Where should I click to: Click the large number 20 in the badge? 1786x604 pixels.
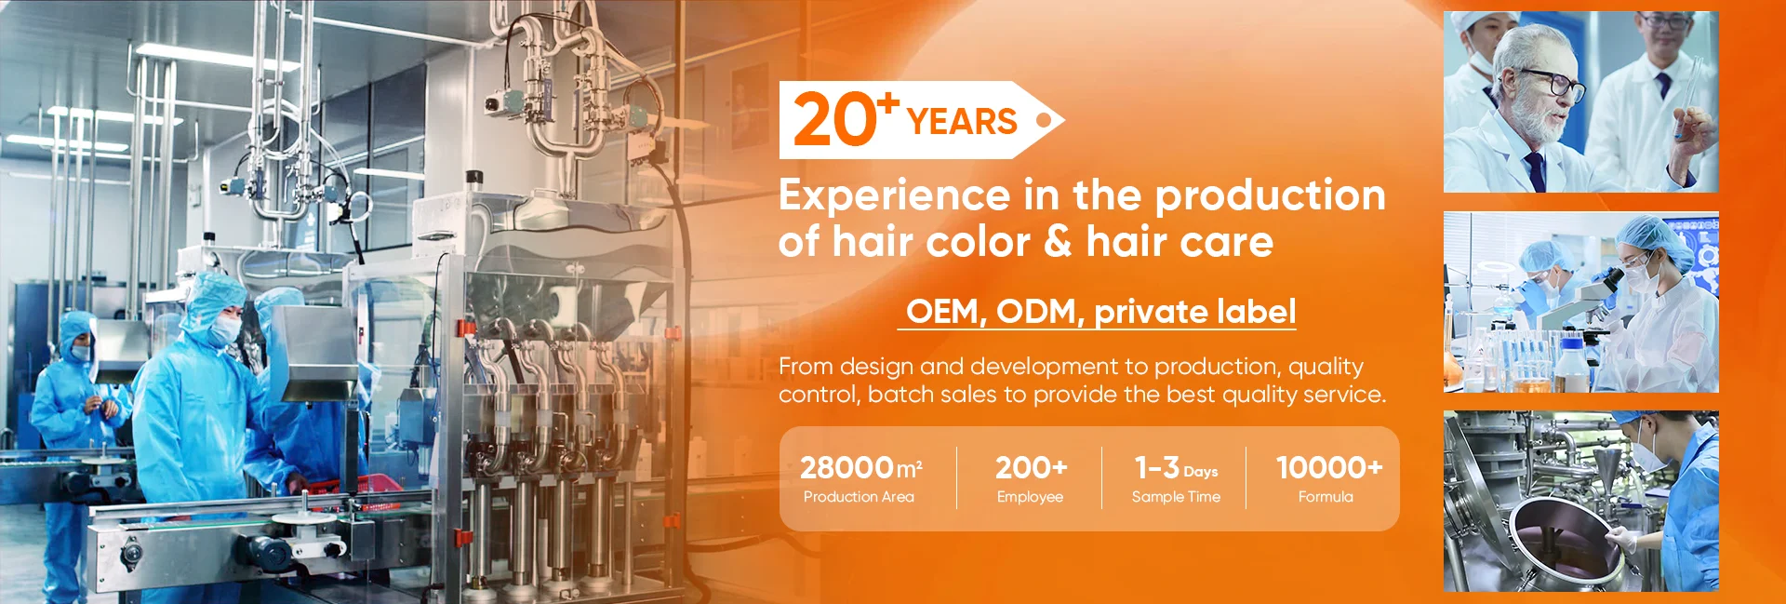(834, 120)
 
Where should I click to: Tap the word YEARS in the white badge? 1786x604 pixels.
(962, 122)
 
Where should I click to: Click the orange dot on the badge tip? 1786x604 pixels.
(1044, 120)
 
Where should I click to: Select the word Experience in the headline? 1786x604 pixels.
(894, 196)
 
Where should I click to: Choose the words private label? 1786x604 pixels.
(1194, 312)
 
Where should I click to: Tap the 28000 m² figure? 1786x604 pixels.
(860, 467)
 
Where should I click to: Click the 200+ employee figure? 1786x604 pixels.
(1031, 467)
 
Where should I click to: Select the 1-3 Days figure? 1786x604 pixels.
(1176, 467)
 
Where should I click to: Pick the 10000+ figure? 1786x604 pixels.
(1328, 467)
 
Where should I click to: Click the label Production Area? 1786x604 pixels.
(859, 497)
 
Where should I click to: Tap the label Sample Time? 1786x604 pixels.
(1176, 497)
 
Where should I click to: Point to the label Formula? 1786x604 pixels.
(1326, 497)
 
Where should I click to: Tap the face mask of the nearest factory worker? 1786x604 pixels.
(224, 329)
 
